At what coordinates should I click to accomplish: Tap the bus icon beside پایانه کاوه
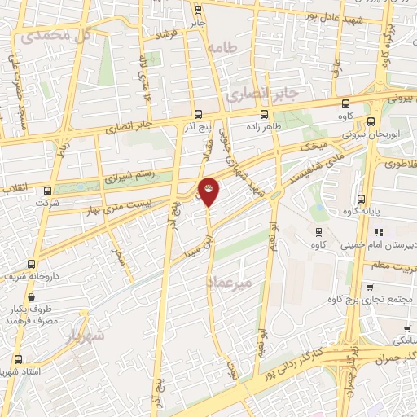coord(361,199)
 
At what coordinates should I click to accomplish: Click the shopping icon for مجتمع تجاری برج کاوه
coord(371,288)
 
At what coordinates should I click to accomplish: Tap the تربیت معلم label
coord(394,266)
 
